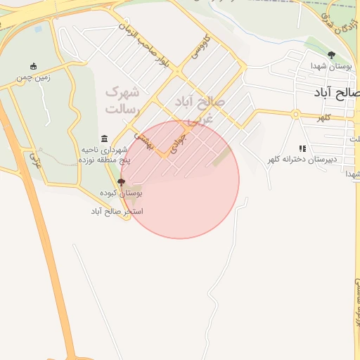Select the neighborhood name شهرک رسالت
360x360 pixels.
coord(122,100)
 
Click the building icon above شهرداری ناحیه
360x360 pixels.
coord(105,138)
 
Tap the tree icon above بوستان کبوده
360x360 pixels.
coord(121,182)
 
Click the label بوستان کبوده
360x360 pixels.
coord(121,193)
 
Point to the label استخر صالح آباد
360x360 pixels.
coord(117,211)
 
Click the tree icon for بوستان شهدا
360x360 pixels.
coord(331,55)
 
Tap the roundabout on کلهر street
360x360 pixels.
coord(296,114)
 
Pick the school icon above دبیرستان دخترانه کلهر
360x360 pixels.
coord(302,148)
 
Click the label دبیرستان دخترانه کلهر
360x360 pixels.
coord(302,160)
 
